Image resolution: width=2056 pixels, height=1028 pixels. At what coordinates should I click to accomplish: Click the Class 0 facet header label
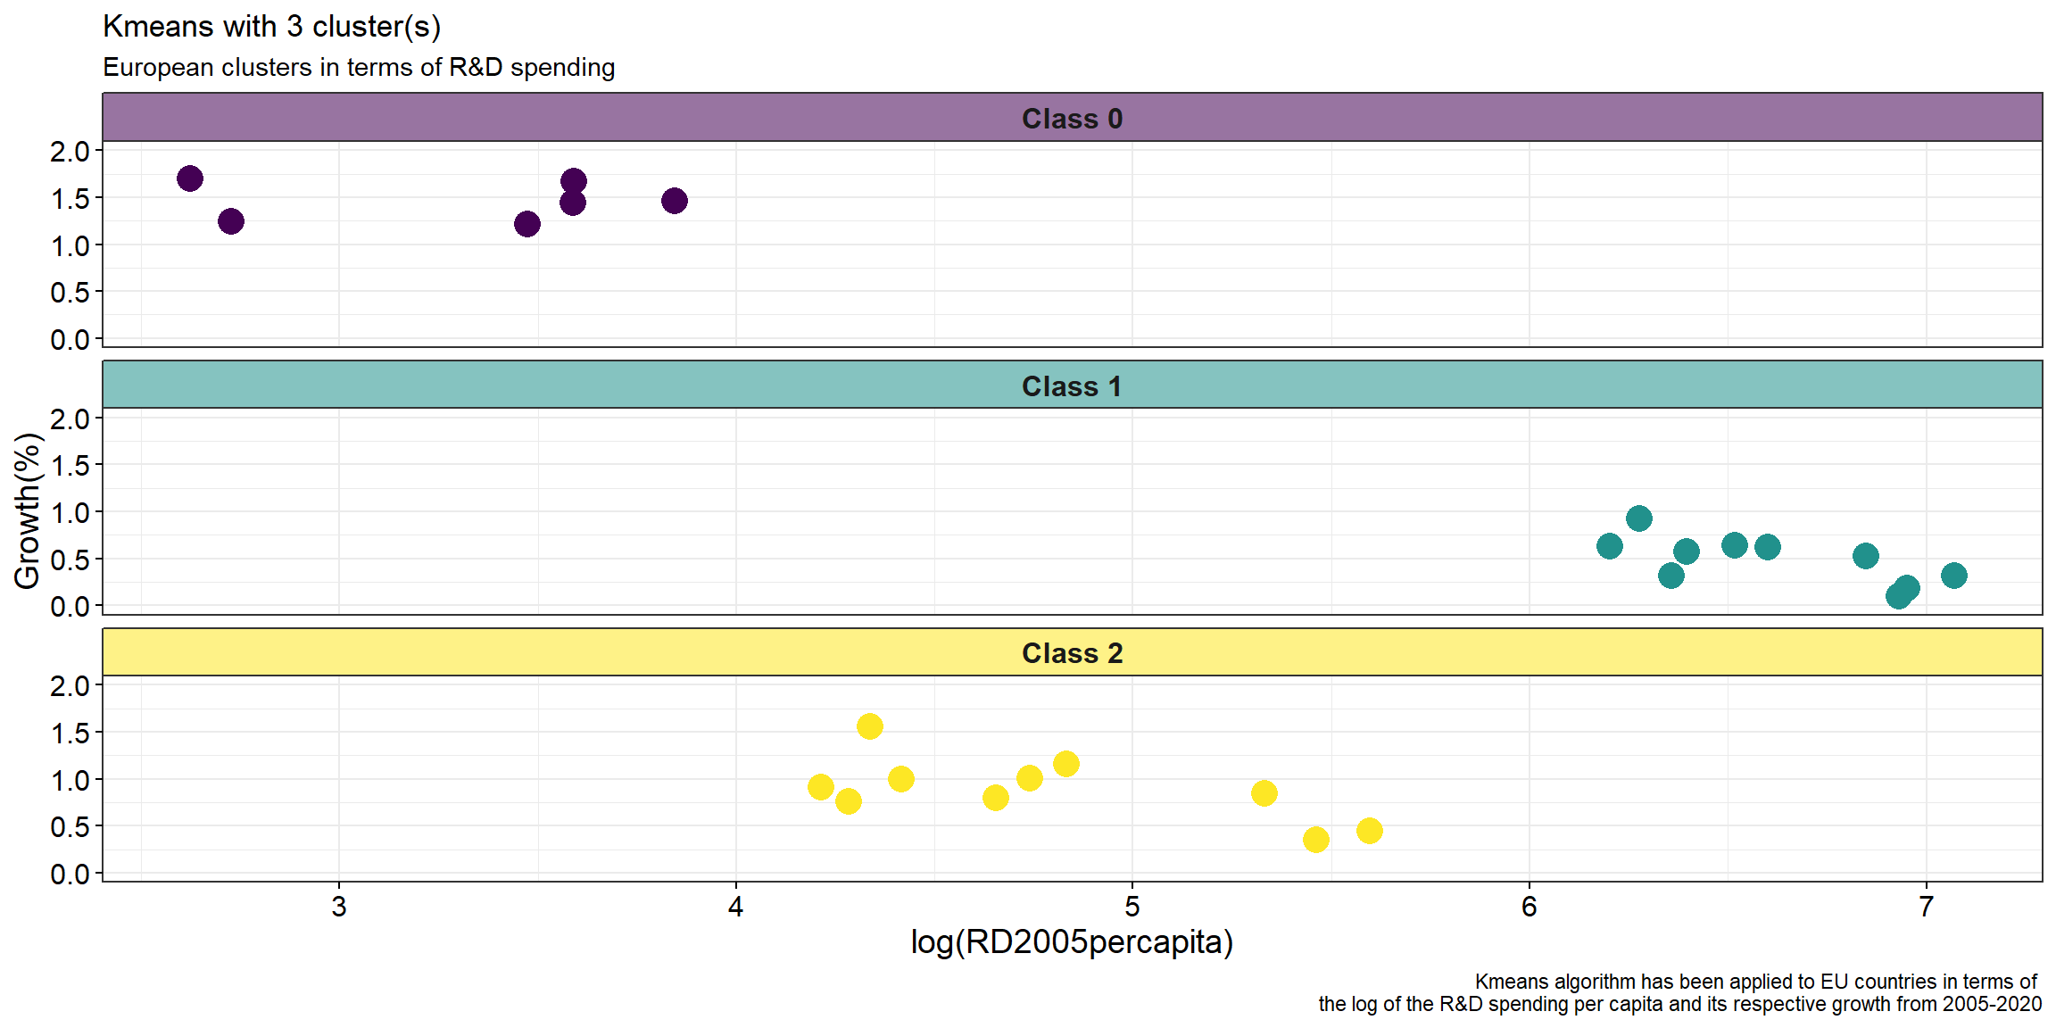pos(1072,119)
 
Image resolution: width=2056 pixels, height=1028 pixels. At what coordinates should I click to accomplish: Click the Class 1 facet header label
pos(1072,386)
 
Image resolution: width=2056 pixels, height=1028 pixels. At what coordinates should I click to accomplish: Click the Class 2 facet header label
pos(1072,653)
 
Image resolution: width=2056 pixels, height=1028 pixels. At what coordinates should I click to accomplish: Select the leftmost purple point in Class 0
pos(190,178)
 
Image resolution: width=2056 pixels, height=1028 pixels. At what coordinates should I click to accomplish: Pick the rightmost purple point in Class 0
pos(675,201)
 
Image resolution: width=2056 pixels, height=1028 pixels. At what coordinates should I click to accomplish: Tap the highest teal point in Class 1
pos(1639,518)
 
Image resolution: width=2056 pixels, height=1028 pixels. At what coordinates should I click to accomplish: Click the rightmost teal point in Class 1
pos(1954,576)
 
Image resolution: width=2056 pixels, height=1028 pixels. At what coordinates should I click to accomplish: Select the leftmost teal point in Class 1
pos(1610,546)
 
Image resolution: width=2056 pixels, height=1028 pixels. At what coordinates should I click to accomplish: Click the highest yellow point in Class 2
pos(870,726)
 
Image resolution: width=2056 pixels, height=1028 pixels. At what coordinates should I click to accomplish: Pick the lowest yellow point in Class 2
pos(1316,840)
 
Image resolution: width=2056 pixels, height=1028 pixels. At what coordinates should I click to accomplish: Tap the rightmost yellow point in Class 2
pos(1370,831)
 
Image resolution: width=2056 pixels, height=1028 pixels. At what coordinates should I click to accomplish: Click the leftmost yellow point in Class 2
pos(821,787)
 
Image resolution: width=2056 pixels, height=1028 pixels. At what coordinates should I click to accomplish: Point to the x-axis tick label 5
pos(1132,907)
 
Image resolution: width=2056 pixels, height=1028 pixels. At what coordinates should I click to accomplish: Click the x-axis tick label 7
pos(1927,907)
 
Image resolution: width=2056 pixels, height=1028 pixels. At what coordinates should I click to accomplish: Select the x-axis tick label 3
pos(339,907)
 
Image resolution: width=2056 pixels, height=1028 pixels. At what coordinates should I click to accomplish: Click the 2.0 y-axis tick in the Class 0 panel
pos(70,152)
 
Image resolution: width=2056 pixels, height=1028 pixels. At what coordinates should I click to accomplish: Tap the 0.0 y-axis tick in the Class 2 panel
pos(70,874)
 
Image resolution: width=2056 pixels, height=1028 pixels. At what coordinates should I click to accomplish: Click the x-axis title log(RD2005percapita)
pos(1072,942)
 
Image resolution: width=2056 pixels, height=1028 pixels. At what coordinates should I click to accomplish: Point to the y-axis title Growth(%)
pos(27,511)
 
